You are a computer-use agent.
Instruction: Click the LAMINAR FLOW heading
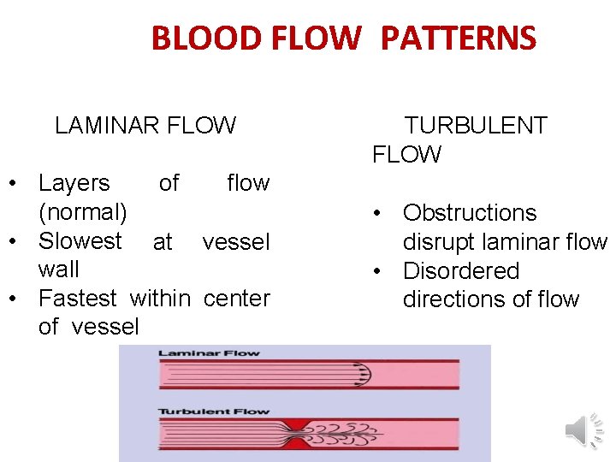[145, 126]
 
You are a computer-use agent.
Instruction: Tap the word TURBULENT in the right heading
[475, 126]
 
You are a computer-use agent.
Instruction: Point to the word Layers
[74, 183]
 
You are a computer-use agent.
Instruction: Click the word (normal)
[82, 210]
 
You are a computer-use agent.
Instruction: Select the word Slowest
[80, 241]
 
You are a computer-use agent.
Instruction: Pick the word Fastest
[78, 299]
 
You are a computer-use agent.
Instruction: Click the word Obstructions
[470, 213]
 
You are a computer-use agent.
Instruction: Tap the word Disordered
[461, 271]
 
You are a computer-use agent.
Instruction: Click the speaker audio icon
[585, 429]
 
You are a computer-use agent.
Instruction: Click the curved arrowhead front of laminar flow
[365, 374]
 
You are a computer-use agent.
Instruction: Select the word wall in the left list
[58, 269]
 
